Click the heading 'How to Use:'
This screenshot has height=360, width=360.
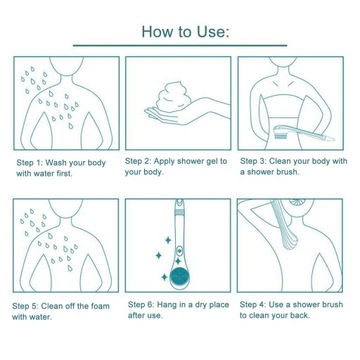pyautogui.click(x=185, y=32)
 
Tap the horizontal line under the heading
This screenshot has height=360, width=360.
pyautogui.click(x=180, y=45)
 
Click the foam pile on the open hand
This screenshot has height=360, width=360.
pyautogui.click(x=172, y=97)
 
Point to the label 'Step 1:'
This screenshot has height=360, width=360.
pyautogui.click(x=30, y=163)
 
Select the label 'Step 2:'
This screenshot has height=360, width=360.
pyautogui.click(x=138, y=161)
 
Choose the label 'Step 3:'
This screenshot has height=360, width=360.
pyautogui.click(x=253, y=161)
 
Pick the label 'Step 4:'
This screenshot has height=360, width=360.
pyautogui.click(x=253, y=305)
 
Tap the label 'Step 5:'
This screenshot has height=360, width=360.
pyautogui.click(x=26, y=306)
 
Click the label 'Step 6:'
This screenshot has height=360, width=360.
pyautogui.click(x=141, y=305)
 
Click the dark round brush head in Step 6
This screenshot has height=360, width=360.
pyautogui.click(x=179, y=276)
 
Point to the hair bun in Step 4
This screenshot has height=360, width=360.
pyautogui.click(x=297, y=202)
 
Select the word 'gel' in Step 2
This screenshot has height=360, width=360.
pyautogui.click(x=211, y=162)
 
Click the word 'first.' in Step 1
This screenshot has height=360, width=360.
pyautogui.click(x=63, y=174)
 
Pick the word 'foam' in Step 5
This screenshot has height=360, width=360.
pyautogui.click(x=100, y=306)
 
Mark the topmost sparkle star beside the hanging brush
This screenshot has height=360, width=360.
pyautogui.click(x=168, y=240)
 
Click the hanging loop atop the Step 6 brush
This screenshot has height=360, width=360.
pyautogui.click(x=179, y=201)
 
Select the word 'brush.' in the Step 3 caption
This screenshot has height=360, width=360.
pyautogui.click(x=288, y=172)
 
